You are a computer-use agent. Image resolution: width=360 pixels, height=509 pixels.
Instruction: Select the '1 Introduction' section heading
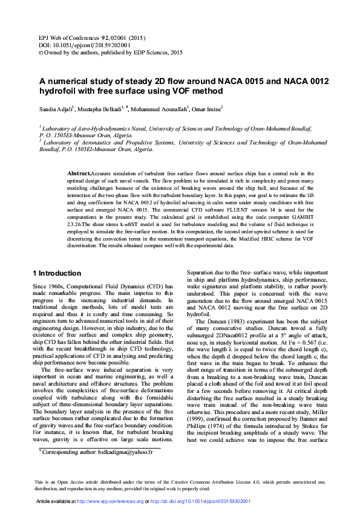[56, 273]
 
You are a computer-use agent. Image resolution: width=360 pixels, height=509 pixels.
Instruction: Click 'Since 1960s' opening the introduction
[47, 285]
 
